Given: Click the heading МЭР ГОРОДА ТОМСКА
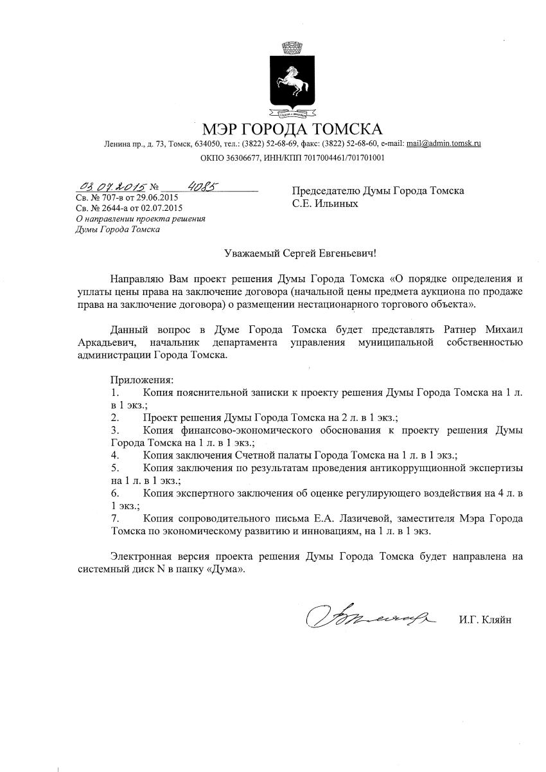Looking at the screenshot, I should click(x=292, y=128).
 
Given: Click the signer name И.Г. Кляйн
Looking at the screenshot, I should click(x=485, y=620).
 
